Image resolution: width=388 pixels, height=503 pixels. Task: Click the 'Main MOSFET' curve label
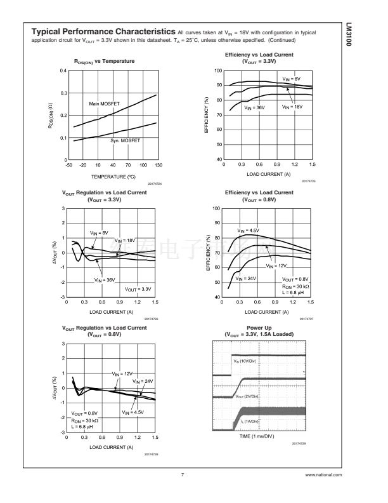pos(104,104)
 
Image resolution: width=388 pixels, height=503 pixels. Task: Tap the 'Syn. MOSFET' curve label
pos(125,140)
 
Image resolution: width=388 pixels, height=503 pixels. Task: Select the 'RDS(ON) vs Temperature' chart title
pos(104,61)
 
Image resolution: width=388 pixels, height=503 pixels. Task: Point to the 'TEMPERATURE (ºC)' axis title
pos(114,177)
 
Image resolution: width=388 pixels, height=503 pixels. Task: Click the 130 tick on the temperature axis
pos(157,164)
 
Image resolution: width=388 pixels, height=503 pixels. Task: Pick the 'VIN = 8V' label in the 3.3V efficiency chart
pos(292,78)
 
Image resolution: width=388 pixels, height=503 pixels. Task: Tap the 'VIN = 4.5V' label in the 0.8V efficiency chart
pos(249,230)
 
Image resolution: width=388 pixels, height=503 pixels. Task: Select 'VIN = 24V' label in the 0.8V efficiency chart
pos(245,278)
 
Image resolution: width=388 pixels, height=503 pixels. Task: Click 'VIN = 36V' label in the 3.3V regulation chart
pos(105,279)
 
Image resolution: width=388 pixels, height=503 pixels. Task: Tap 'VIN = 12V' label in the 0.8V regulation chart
pos(122,374)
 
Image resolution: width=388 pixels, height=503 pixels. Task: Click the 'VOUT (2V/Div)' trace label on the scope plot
pos(247,396)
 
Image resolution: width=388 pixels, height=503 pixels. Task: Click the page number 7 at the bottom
pos(183,474)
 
